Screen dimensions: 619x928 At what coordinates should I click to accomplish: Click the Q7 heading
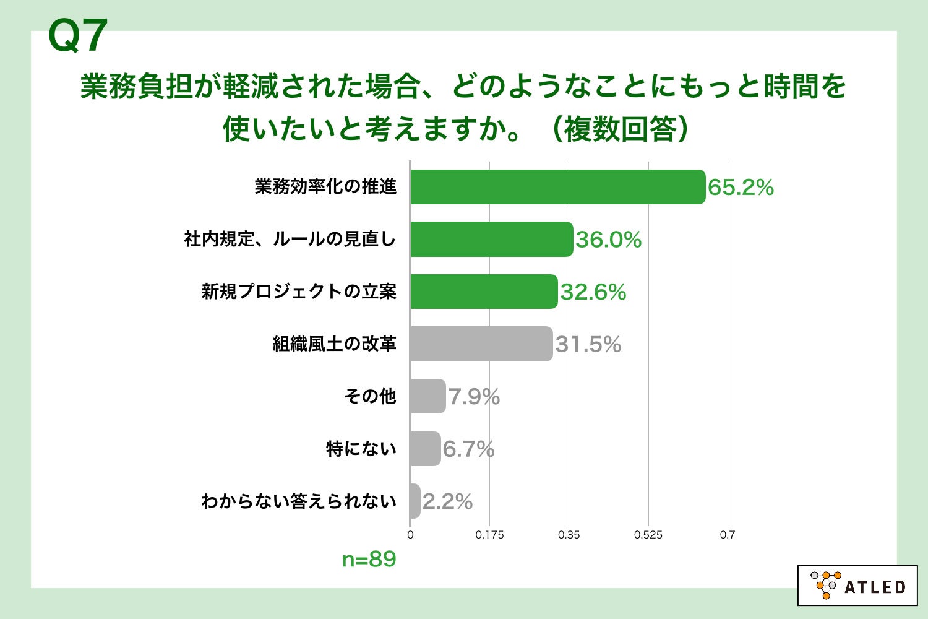(x=78, y=36)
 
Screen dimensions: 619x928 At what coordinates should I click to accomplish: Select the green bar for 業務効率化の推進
(x=557, y=187)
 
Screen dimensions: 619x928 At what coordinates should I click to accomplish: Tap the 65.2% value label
(x=741, y=188)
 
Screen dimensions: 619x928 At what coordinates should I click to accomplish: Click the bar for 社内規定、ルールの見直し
(x=491, y=239)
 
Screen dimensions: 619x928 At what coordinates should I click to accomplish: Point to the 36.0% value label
(x=608, y=240)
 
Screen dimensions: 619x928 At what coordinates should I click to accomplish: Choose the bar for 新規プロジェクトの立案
(x=483, y=292)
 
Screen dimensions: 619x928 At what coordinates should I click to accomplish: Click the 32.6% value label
(x=593, y=292)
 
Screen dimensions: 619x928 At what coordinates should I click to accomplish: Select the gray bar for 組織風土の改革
(x=481, y=344)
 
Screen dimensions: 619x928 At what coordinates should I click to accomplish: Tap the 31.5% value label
(x=588, y=345)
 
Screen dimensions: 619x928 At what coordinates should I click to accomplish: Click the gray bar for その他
(x=427, y=396)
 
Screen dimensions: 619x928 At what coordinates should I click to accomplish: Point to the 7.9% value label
(x=474, y=397)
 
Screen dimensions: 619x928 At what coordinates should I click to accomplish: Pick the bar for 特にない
(x=425, y=449)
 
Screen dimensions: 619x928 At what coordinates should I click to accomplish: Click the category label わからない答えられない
(x=299, y=501)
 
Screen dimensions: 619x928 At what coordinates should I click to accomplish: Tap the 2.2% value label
(x=447, y=502)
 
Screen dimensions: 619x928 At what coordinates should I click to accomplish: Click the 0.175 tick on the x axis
(x=489, y=535)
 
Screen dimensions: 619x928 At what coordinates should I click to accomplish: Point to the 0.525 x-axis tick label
(x=648, y=535)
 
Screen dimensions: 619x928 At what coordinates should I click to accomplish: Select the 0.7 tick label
(x=727, y=535)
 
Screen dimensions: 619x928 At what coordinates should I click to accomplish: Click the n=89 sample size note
(x=369, y=559)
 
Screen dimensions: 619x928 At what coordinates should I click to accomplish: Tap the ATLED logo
(x=857, y=585)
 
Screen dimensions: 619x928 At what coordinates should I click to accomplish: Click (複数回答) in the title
(x=619, y=129)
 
